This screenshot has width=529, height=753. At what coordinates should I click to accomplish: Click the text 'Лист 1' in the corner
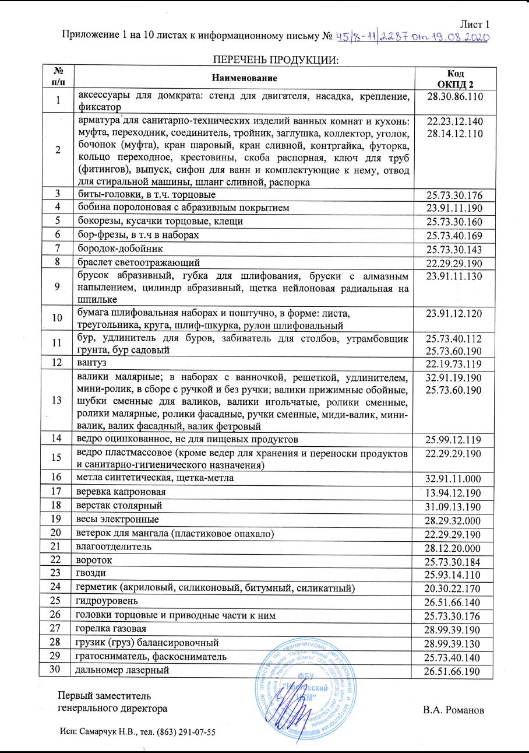(475, 24)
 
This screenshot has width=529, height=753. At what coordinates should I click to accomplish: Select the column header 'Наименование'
(244, 78)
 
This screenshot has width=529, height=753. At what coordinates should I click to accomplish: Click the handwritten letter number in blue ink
(411, 37)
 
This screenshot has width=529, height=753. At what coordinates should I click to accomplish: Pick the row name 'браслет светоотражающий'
(135, 262)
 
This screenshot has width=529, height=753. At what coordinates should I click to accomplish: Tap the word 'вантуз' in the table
(86, 363)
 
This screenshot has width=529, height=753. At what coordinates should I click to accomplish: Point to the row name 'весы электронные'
(114, 519)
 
